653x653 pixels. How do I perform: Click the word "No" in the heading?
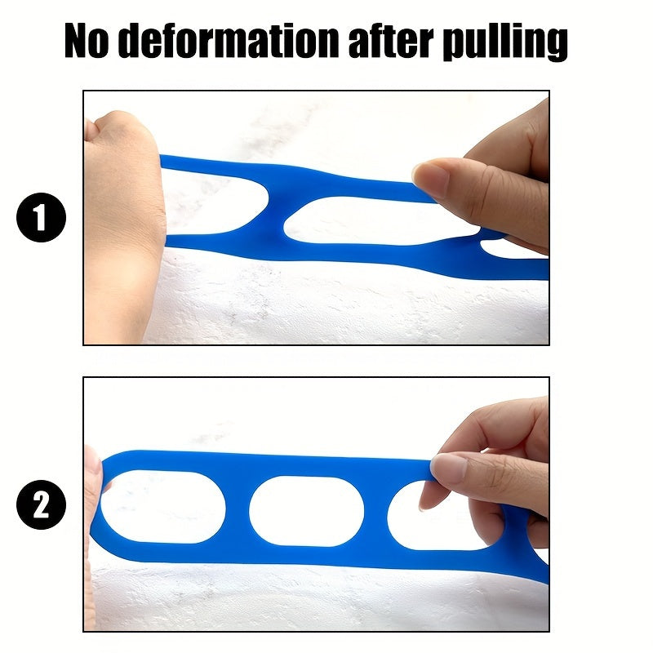click(87, 40)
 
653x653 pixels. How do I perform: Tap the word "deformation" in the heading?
click(229, 40)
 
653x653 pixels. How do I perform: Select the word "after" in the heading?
click(391, 41)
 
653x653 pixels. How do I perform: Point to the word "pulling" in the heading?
click(505, 42)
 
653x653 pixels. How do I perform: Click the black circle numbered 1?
click(42, 217)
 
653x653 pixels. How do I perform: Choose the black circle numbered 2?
click(42, 504)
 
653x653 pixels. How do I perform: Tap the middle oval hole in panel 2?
click(307, 511)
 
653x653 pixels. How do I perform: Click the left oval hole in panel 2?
click(163, 507)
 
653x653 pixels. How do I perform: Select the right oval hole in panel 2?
click(438, 517)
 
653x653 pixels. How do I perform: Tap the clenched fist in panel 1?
click(123, 225)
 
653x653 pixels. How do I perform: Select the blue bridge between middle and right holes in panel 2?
click(375, 513)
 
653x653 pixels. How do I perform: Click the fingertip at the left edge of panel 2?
click(92, 462)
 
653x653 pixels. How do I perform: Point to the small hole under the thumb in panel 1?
click(509, 249)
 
